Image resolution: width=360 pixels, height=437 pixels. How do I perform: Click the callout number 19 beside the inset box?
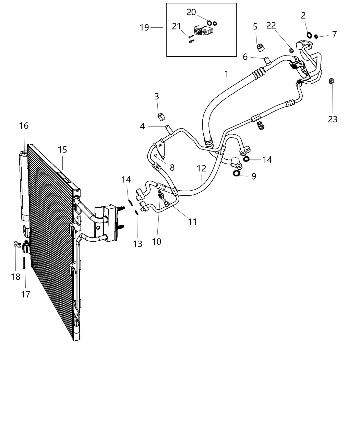pyautogui.click(x=144, y=28)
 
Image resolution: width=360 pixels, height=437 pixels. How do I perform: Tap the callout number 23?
pyautogui.click(x=333, y=119)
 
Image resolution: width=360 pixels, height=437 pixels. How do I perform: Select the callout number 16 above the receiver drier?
pyautogui.click(x=24, y=126)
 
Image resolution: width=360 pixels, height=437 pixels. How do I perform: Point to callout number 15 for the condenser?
pyautogui.click(x=62, y=150)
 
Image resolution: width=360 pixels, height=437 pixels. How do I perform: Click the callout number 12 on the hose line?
pyautogui.click(x=202, y=168)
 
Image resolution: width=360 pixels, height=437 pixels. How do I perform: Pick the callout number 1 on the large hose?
pyautogui.click(x=226, y=74)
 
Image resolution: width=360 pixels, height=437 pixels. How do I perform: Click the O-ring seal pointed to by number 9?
pyautogui.click(x=237, y=173)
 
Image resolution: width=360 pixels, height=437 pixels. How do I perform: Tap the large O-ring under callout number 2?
pyautogui.click(x=309, y=35)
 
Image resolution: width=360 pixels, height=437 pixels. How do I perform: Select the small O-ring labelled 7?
pyautogui.click(x=316, y=37)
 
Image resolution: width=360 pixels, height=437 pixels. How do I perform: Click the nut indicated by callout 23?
pyautogui.click(x=331, y=81)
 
